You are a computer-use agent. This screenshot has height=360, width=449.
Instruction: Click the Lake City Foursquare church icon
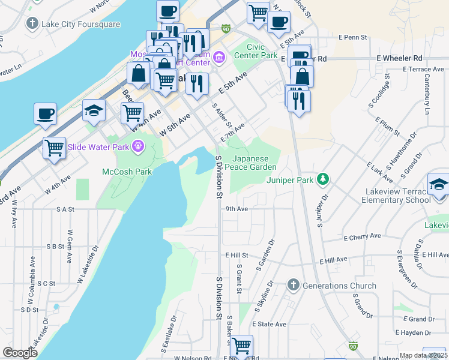point(32,24)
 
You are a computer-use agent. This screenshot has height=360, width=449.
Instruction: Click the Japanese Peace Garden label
point(254,163)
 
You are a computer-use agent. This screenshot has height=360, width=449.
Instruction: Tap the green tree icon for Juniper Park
point(323,178)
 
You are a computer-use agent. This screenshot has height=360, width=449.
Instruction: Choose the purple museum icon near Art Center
point(218,58)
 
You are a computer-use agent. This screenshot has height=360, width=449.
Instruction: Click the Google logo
point(20,353)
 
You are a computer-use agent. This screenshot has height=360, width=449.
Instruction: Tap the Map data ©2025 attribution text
point(423,355)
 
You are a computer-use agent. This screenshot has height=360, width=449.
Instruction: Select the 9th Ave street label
point(237,209)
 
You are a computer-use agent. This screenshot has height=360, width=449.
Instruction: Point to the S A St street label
point(64,209)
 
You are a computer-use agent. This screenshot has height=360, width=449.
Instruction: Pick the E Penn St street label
point(352,37)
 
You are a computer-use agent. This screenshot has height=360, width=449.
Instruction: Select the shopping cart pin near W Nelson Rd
point(241,346)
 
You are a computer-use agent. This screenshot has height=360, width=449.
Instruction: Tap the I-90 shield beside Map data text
point(353,346)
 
